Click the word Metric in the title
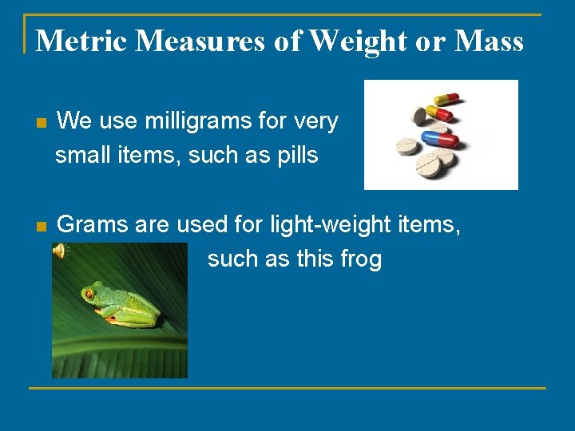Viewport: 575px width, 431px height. pyautogui.click(x=81, y=40)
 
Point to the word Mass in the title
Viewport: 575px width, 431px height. pyautogui.click(x=488, y=40)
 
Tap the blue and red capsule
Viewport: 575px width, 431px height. pyautogui.click(x=439, y=139)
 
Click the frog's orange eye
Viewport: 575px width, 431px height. pyautogui.click(x=89, y=294)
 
